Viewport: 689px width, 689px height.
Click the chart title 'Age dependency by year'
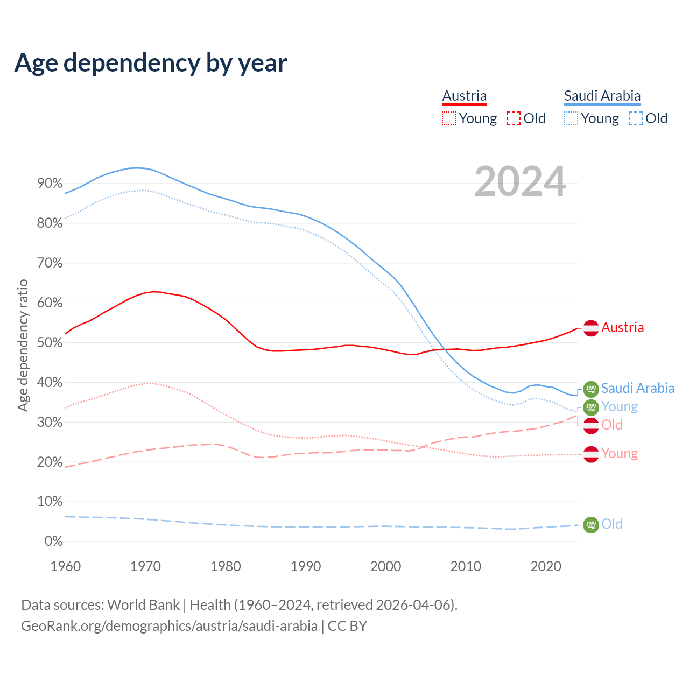point(151,63)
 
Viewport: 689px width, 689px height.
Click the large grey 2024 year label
point(520,181)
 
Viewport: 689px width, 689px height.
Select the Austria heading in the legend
point(464,96)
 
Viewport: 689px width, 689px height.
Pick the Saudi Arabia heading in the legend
point(602,96)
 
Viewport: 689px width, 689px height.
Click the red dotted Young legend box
point(448,118)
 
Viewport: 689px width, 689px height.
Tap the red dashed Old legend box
point(514,118)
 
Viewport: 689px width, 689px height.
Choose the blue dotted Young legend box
point(571,118)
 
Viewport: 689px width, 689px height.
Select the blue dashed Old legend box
point(636,118)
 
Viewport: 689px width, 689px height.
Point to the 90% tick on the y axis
point(50,184)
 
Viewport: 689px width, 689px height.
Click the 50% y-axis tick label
point(50,343)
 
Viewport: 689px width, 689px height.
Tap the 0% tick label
point(53,542)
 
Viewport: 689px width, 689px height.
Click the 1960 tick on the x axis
point(65,566)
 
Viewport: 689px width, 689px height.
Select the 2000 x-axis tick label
point(385,566)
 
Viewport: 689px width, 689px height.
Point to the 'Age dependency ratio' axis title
point(23,345)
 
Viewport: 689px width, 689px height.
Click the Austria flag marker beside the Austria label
point(591,328)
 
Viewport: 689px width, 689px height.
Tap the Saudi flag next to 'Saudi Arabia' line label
point(591,389)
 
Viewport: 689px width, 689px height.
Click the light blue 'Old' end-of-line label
point(611,524)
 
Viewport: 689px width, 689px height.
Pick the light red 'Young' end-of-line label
point(619,454)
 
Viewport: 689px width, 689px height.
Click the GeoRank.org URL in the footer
point(169,626)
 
